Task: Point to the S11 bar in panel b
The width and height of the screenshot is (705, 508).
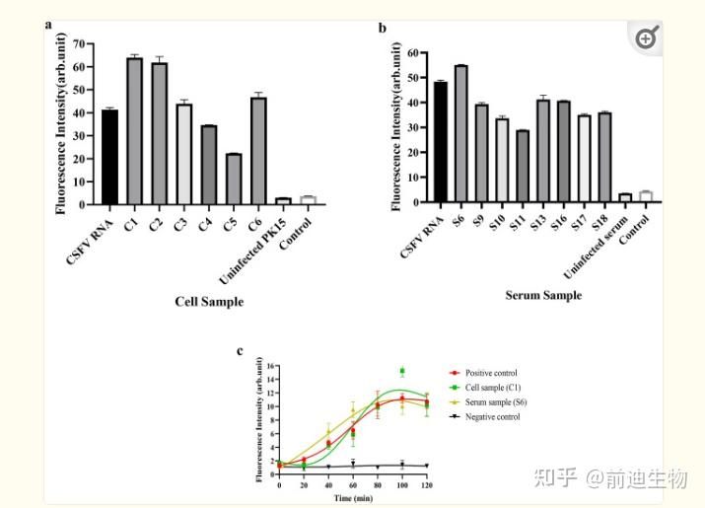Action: (523, 167)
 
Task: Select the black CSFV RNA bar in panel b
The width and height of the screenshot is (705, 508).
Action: (440, 142)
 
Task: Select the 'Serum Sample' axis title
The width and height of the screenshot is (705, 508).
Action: (543, 294)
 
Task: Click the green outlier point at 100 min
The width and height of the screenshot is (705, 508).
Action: (402, 371)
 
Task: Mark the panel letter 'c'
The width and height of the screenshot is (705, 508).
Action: (240, 350)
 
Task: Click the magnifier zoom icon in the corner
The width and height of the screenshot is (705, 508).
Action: (647, 38)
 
